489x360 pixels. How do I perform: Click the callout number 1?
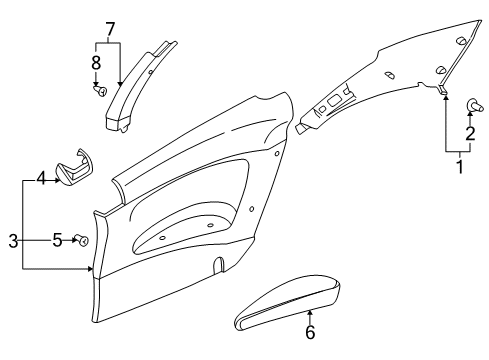pos(459,166)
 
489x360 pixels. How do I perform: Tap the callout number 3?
pos(12,241)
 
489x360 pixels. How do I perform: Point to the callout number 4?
pos(41,179)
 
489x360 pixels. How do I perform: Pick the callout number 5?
pos(57,240)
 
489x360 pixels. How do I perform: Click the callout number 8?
pos(97,62)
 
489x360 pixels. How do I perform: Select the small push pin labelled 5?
pos(84,241)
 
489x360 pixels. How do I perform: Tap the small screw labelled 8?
pos(99,90)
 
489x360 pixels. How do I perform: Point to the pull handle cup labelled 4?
pos(75,167)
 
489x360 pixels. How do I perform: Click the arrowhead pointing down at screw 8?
pos(97,80)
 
